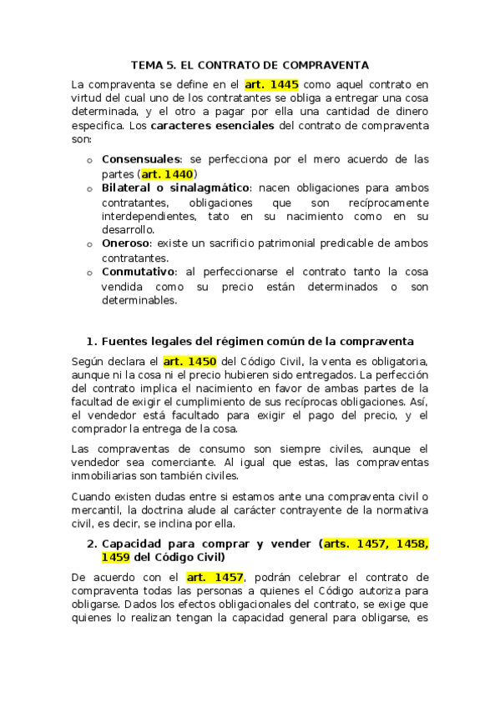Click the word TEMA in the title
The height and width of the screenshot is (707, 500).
pos(147,64)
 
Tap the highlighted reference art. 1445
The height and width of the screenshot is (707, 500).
pos(271,84)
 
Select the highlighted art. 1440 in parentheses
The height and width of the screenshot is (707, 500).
pos(167,174)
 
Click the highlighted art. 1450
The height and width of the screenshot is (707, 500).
pos(190,361)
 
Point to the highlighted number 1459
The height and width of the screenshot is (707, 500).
pos(115,557)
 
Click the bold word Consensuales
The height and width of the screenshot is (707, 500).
pos(141,158)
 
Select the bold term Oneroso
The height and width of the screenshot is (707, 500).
pos(125,243)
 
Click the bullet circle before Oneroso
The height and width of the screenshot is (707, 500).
pos(89,244)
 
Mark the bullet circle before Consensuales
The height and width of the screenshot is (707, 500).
pos(89,159)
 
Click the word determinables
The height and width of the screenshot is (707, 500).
pos(139,301)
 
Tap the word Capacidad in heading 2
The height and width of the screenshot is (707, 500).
pos(134,544)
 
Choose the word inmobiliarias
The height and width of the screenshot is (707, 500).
pos(110,476)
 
